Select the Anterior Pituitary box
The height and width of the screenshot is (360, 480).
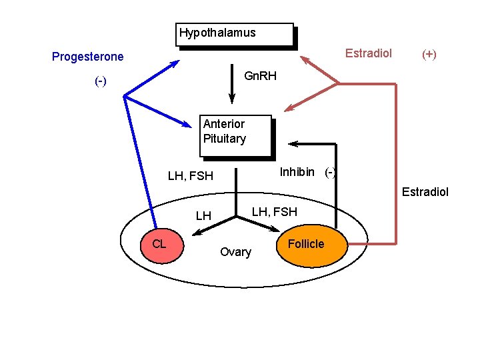237,135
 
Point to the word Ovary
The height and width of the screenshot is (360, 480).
235,252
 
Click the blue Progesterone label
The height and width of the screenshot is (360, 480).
87,57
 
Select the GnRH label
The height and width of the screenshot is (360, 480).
260,76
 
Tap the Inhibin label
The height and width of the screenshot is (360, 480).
297,172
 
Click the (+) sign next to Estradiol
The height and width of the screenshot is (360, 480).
429,54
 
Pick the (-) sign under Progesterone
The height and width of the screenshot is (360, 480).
101,81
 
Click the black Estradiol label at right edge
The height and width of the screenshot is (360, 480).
425,192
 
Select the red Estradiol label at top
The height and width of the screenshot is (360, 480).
368,53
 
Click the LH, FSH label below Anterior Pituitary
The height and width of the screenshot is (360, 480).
190,176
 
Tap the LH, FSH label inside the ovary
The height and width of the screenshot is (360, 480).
274,212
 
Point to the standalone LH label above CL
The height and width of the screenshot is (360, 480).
203,216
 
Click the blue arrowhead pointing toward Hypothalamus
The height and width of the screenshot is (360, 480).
175,63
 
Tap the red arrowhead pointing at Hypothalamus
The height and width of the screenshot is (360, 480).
305,60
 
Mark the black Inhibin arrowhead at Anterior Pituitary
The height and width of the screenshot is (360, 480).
292,143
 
